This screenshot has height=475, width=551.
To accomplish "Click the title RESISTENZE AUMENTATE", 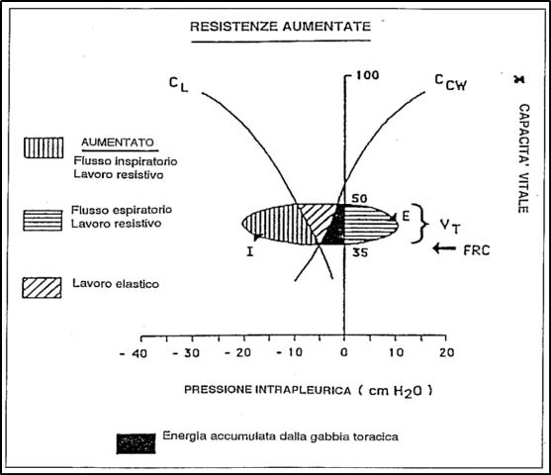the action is click(280, 27).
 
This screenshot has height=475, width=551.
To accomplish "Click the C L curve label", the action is click(179, 84).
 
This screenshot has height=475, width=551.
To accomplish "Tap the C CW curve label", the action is click(451, 82).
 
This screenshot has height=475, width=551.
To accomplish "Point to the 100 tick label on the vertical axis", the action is click(368, 75).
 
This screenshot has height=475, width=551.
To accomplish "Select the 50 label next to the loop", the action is click(359, 199).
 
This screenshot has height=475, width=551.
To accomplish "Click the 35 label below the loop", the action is click(360, 252).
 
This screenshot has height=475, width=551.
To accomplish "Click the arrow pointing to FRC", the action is click(444, 248).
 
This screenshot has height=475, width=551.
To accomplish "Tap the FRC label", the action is click(477, 250).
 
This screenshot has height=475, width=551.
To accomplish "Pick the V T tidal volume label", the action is click(450, 226).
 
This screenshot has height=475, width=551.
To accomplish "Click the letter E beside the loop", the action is click(406, 216).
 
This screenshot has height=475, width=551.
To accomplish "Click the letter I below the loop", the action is click(250, 251).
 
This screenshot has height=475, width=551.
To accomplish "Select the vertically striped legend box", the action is click(44, 147).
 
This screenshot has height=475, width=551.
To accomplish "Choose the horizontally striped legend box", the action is click(43, 221).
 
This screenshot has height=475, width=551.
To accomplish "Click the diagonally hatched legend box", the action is click(42, 288).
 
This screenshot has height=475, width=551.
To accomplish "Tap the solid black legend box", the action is click(136, 443).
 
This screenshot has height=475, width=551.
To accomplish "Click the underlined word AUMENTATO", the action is click(118, 142).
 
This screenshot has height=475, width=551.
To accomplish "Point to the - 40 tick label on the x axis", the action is click(134, 353).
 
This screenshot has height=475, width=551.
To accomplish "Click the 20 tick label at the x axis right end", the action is click(446, 352).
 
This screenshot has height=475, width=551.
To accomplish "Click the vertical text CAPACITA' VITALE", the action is click(523, 158).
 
